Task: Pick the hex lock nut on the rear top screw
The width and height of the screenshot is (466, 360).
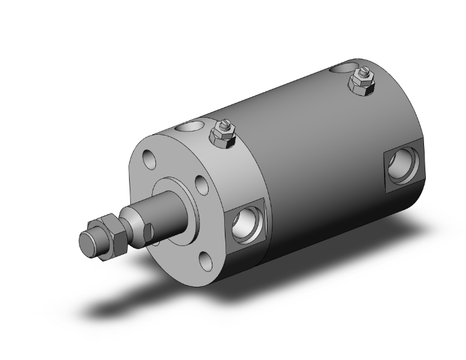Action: click(361, 85)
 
